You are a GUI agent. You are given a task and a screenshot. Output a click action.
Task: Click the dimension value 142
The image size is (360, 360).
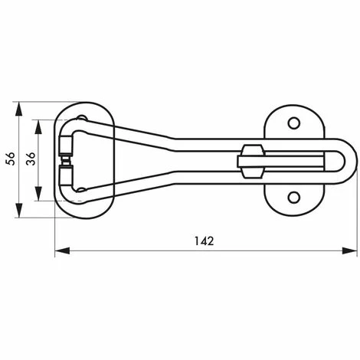[x=204, y=241]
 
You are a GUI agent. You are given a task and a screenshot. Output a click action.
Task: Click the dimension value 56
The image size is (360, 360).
[x=11, y=159]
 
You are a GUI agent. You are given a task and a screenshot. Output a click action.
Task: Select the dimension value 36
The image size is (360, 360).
[x=31, y=159]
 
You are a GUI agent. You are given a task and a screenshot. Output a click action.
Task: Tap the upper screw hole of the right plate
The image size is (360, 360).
[x=294, y=123]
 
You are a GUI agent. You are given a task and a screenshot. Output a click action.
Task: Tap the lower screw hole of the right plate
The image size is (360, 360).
[x=294, y=198]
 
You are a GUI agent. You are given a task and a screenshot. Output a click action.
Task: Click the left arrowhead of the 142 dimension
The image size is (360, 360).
[x=62, y=250]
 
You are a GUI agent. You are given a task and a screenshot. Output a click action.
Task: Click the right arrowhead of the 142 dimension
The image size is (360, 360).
[x=350, y=250]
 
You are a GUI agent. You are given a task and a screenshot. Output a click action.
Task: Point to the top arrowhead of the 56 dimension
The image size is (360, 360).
[x=18, y=110]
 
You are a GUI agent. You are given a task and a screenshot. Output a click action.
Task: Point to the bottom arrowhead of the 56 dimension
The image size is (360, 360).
[x=18, y=211]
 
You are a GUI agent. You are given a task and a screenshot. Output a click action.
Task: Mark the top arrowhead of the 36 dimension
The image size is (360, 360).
[x=38, y=127]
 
